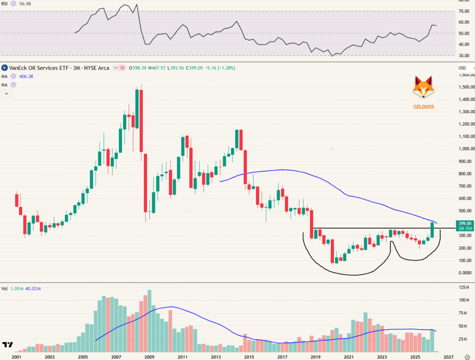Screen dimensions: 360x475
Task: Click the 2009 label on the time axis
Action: [149, 357]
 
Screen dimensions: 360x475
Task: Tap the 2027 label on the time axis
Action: [448, 357]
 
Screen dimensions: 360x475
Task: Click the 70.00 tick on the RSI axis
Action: [464, 11]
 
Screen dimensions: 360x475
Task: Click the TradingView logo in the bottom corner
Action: [7, 345]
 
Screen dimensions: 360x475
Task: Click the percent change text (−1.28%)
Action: [225, 68]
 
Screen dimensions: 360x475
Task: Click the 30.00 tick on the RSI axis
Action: [464, 56]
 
